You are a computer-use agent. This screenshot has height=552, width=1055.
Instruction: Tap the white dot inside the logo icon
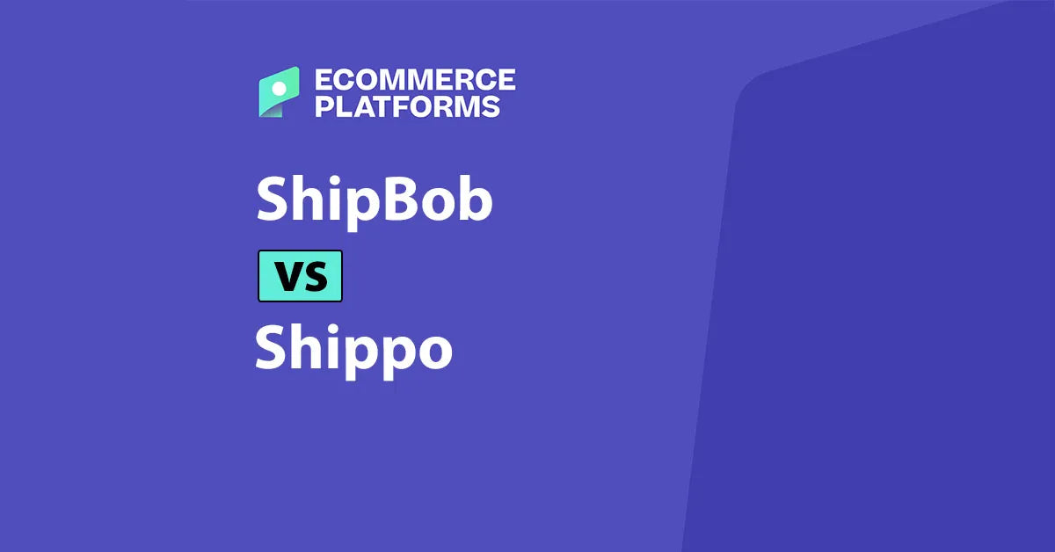pos(280,88)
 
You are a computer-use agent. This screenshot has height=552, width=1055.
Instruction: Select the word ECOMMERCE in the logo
pos(414,80)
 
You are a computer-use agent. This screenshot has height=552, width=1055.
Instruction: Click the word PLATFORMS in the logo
pos(408,106)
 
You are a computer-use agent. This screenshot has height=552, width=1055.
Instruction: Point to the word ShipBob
pos(374,200)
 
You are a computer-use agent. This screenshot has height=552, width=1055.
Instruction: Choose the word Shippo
pos(353,349)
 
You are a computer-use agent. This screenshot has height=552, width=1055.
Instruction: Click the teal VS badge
pos(300,276)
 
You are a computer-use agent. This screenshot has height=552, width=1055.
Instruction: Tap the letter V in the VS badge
pos(287,277)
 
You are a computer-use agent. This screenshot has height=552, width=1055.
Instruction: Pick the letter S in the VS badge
pos(315,277)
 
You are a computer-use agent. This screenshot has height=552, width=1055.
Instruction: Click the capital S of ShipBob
pos(273,200)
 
